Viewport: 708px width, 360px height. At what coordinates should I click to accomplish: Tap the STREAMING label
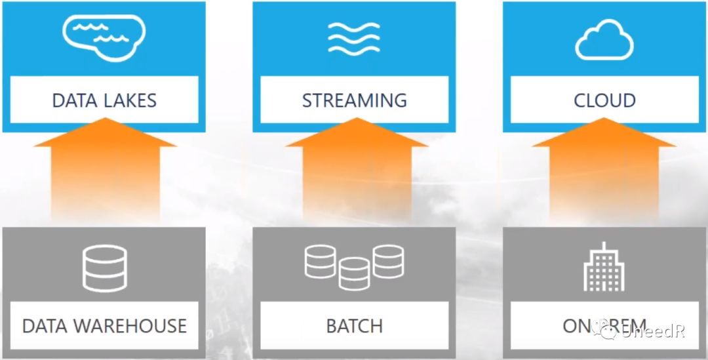point(354,100)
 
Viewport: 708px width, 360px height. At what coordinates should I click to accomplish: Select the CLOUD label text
point(604,100)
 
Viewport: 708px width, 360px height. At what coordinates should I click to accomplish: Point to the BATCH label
point(354,326)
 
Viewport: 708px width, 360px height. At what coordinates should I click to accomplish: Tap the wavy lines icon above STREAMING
point(354,38)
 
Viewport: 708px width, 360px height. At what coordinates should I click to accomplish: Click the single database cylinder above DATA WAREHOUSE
point(104,268)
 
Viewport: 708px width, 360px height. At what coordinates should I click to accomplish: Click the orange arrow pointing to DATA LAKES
point(105,170)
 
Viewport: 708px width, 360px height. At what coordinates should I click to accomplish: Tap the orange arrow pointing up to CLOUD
point(604,170)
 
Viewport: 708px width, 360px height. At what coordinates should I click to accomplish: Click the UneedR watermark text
point(653,332)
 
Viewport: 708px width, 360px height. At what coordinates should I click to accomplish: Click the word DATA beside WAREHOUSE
point(44,326)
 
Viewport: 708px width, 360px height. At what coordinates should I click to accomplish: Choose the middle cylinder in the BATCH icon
point(355,273)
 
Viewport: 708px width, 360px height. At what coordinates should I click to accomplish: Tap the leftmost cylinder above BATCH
point(321,261)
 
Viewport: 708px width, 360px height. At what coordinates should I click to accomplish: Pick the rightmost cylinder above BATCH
point(388,261)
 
